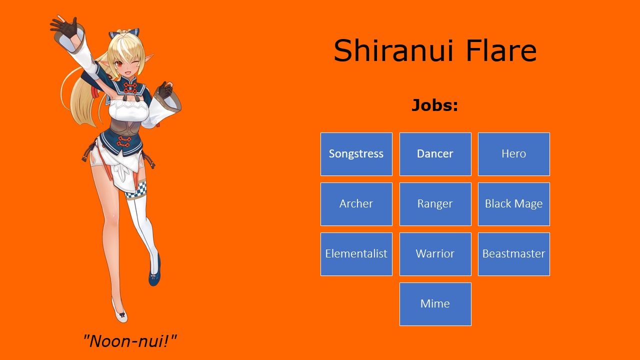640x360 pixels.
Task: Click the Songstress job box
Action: pyautogui.click(x=356, y=154)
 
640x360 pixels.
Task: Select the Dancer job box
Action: pyautogui.click(x=435, y=154)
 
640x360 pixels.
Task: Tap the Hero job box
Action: pyautogui.click(x=513, y=154)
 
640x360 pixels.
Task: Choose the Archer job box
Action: pyautogui.click(x=356, y=204)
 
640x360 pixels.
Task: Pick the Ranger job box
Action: pyautogui.click(x=435, y=204)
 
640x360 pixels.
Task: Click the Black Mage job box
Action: pyautogui.click(x=513, y=204)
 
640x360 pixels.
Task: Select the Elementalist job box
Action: pyautogui.click(x=356, y=254)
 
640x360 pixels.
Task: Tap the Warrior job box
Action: pyautogui.click(x=435, y=254)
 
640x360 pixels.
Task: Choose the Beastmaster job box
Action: pyautogui.click(x=513, y=254)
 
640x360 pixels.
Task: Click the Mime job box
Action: pyautogui.click(x=435, y=304)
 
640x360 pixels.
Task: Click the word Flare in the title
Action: pyautogui.click(x=500, y=50)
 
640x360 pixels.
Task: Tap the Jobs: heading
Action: pyautogui.click(x=434, y=105)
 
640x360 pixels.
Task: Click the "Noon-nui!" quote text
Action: pyautogui.click(x=130, y=341)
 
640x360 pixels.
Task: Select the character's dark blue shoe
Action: pyautogui.click(x=154, y=272)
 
